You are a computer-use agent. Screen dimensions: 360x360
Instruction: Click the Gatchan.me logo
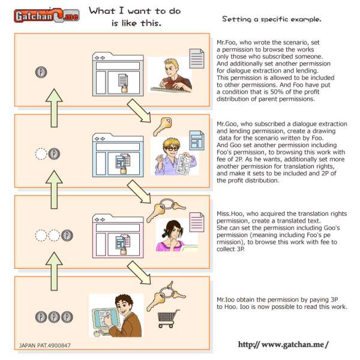[x=47, y=16]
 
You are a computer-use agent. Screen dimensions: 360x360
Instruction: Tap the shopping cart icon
[x=169, y=319]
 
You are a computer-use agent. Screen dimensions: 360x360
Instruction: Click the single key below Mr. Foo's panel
[x=163, y=126]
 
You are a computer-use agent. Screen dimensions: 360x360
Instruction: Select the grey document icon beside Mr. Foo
[x=197, y=59]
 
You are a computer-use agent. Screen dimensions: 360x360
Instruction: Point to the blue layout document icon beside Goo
[x=197, y=140]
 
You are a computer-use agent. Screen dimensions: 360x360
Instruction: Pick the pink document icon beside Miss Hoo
[x=197, y=222]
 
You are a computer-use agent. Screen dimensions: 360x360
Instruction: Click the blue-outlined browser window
[x=118, y=155]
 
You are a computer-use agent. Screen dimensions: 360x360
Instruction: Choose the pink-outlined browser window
[x=118, y=236]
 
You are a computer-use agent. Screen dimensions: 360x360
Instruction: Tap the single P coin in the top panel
[x=41, y=72]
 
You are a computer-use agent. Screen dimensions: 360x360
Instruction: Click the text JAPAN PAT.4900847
[x=44, y=346]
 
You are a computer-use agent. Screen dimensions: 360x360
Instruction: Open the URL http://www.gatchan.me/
[x=283, y=344]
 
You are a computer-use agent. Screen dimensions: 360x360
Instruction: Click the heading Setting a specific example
[x=272, y=19]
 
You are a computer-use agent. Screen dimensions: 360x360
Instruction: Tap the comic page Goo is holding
[x=184, y=164]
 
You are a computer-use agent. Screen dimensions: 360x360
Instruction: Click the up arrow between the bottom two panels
[x=54, y=271]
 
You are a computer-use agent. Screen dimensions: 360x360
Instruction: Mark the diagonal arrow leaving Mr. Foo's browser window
[x=139, y=110]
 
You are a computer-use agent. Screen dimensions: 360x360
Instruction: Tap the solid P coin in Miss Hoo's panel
[x=67, y=235]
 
